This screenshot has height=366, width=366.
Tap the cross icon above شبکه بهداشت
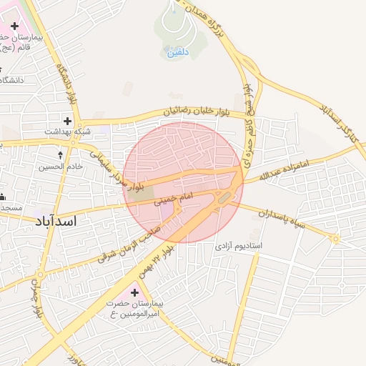click(68, 121)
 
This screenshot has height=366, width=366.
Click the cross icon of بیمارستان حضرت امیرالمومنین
click(134, 292)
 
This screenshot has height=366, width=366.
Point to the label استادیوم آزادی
click(239, 246)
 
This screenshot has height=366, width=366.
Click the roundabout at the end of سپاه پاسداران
click(335, 239)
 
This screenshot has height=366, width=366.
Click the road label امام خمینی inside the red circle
click(173, 202)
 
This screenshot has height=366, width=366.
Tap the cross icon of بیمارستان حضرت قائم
click(14, 26)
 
